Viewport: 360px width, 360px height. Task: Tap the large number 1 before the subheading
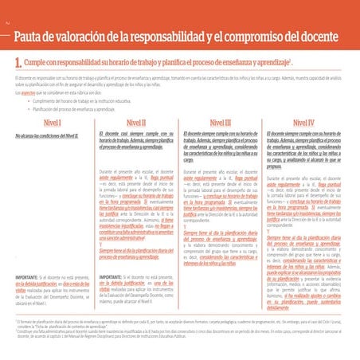(x=17, y=61)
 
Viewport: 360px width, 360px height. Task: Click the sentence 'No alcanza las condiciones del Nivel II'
(x=48, y=137)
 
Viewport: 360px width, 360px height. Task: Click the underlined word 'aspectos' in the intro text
(x=31, y=94)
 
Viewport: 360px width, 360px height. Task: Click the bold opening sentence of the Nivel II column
(x=135, y=142)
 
